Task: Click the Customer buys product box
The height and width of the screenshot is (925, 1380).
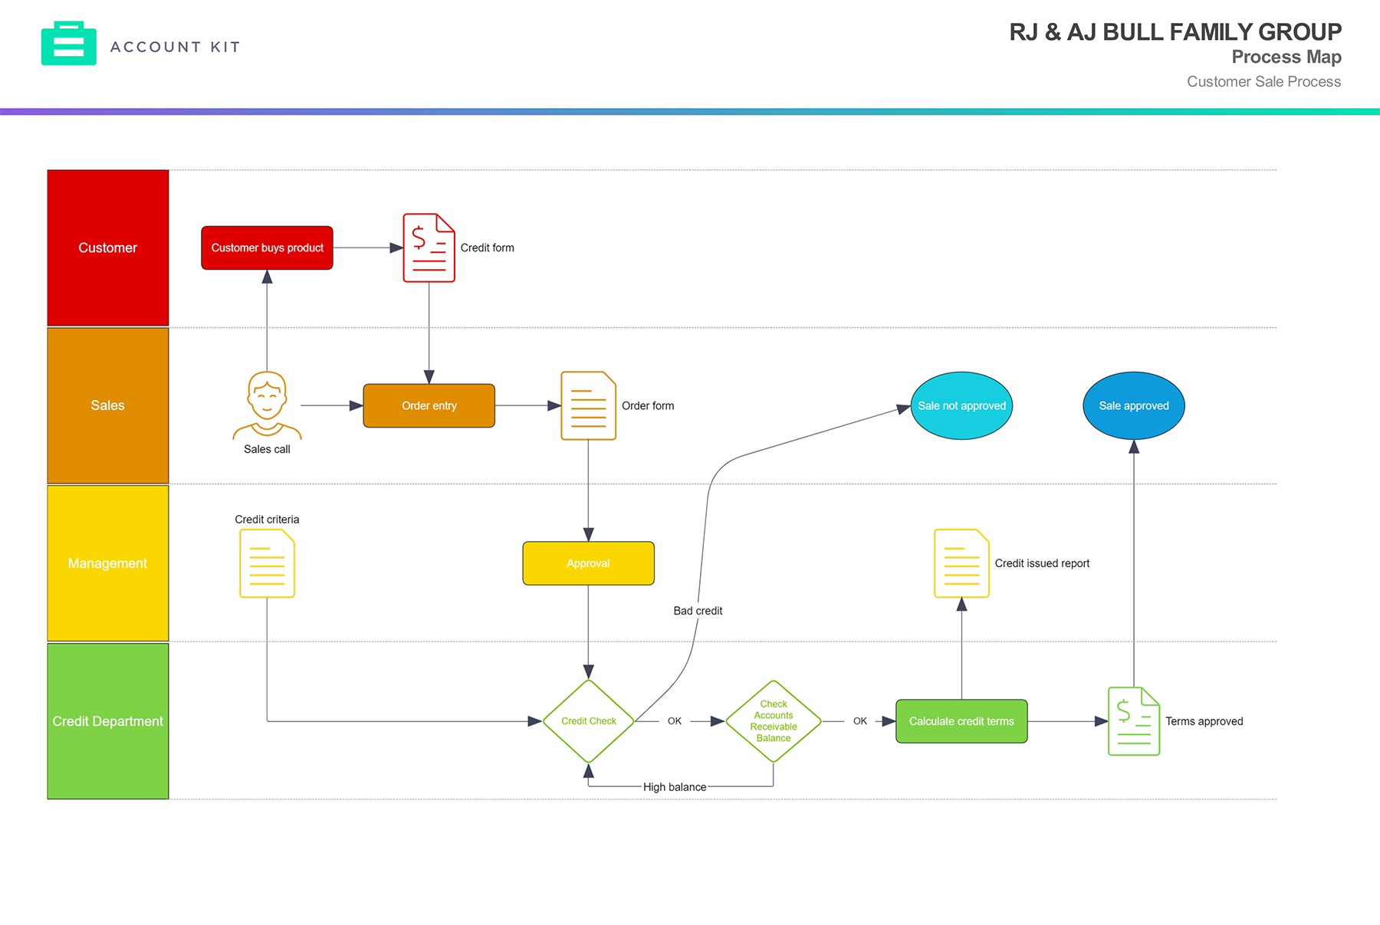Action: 267,248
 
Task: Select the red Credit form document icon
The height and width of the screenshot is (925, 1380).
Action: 429,248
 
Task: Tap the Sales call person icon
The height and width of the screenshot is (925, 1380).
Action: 267,405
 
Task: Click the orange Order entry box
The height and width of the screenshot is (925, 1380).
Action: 429,405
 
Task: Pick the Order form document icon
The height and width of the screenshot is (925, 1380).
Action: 588,405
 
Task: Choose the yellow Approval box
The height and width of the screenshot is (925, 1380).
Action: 588,563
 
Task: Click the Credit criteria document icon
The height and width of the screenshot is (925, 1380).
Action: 267,563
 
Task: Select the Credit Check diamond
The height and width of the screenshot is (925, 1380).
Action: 588,721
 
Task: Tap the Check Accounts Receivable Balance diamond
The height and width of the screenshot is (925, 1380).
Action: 773,721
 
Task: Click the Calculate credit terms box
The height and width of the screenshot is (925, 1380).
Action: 961,721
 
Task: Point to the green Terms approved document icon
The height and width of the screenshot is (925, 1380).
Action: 1133,721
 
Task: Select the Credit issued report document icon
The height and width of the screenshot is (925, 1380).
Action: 961,563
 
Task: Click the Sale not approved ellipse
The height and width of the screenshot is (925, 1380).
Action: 961,405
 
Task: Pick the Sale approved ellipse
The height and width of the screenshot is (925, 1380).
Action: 1133,405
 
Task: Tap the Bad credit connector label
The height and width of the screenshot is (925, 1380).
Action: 698,611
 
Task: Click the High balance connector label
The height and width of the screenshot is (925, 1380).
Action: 675,787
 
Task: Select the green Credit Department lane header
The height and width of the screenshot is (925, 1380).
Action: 108,721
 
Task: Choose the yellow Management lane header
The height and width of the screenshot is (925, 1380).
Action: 108,563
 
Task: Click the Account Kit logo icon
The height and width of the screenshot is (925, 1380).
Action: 69,44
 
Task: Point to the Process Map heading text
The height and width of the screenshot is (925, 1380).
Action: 1286,57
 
